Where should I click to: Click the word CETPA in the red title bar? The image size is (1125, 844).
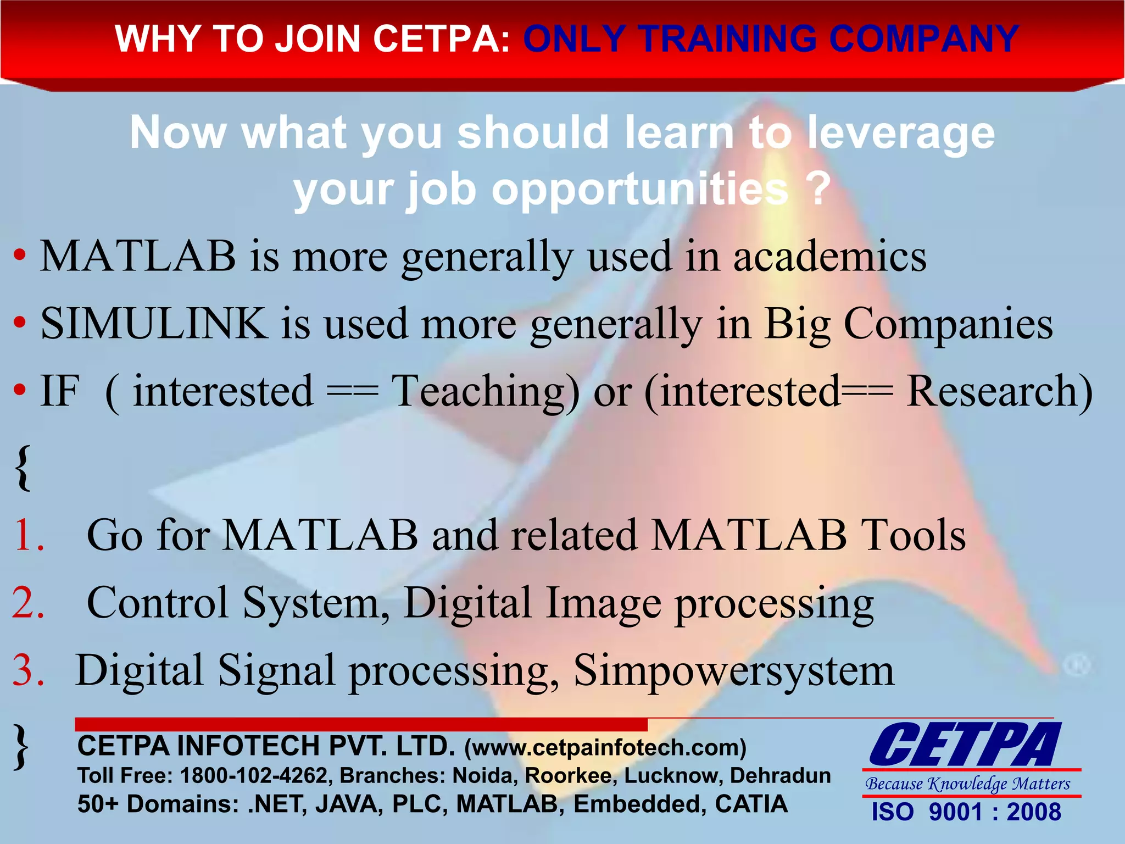coord(442,40)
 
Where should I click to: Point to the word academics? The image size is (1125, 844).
coord(829,257)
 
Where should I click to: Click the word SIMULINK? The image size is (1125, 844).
coord(154,324)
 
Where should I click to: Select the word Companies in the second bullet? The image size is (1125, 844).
coord(948,324)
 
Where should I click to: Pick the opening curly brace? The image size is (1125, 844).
coord(23,468)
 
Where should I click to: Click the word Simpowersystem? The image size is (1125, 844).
coord(734,670)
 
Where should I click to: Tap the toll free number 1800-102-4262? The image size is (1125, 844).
coord(254,775)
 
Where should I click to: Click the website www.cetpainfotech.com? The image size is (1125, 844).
coord(605,748)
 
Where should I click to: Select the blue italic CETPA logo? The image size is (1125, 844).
coord(965,745)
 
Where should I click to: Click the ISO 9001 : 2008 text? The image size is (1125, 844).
coord(966,812)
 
